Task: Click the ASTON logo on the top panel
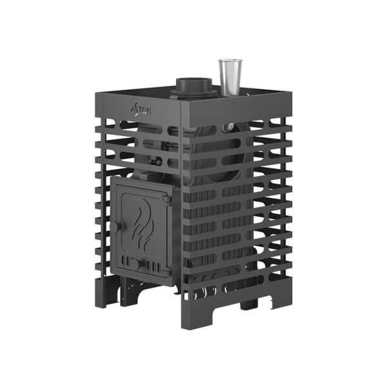click(x=141, y=110)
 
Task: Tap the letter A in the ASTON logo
click(x=134, y=110)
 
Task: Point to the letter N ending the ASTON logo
click(x=148, y=111)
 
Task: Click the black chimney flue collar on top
click(x=193, y=88)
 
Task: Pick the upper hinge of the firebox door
click(x=167, y=199)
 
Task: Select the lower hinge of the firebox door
click(x=166, y=272)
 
